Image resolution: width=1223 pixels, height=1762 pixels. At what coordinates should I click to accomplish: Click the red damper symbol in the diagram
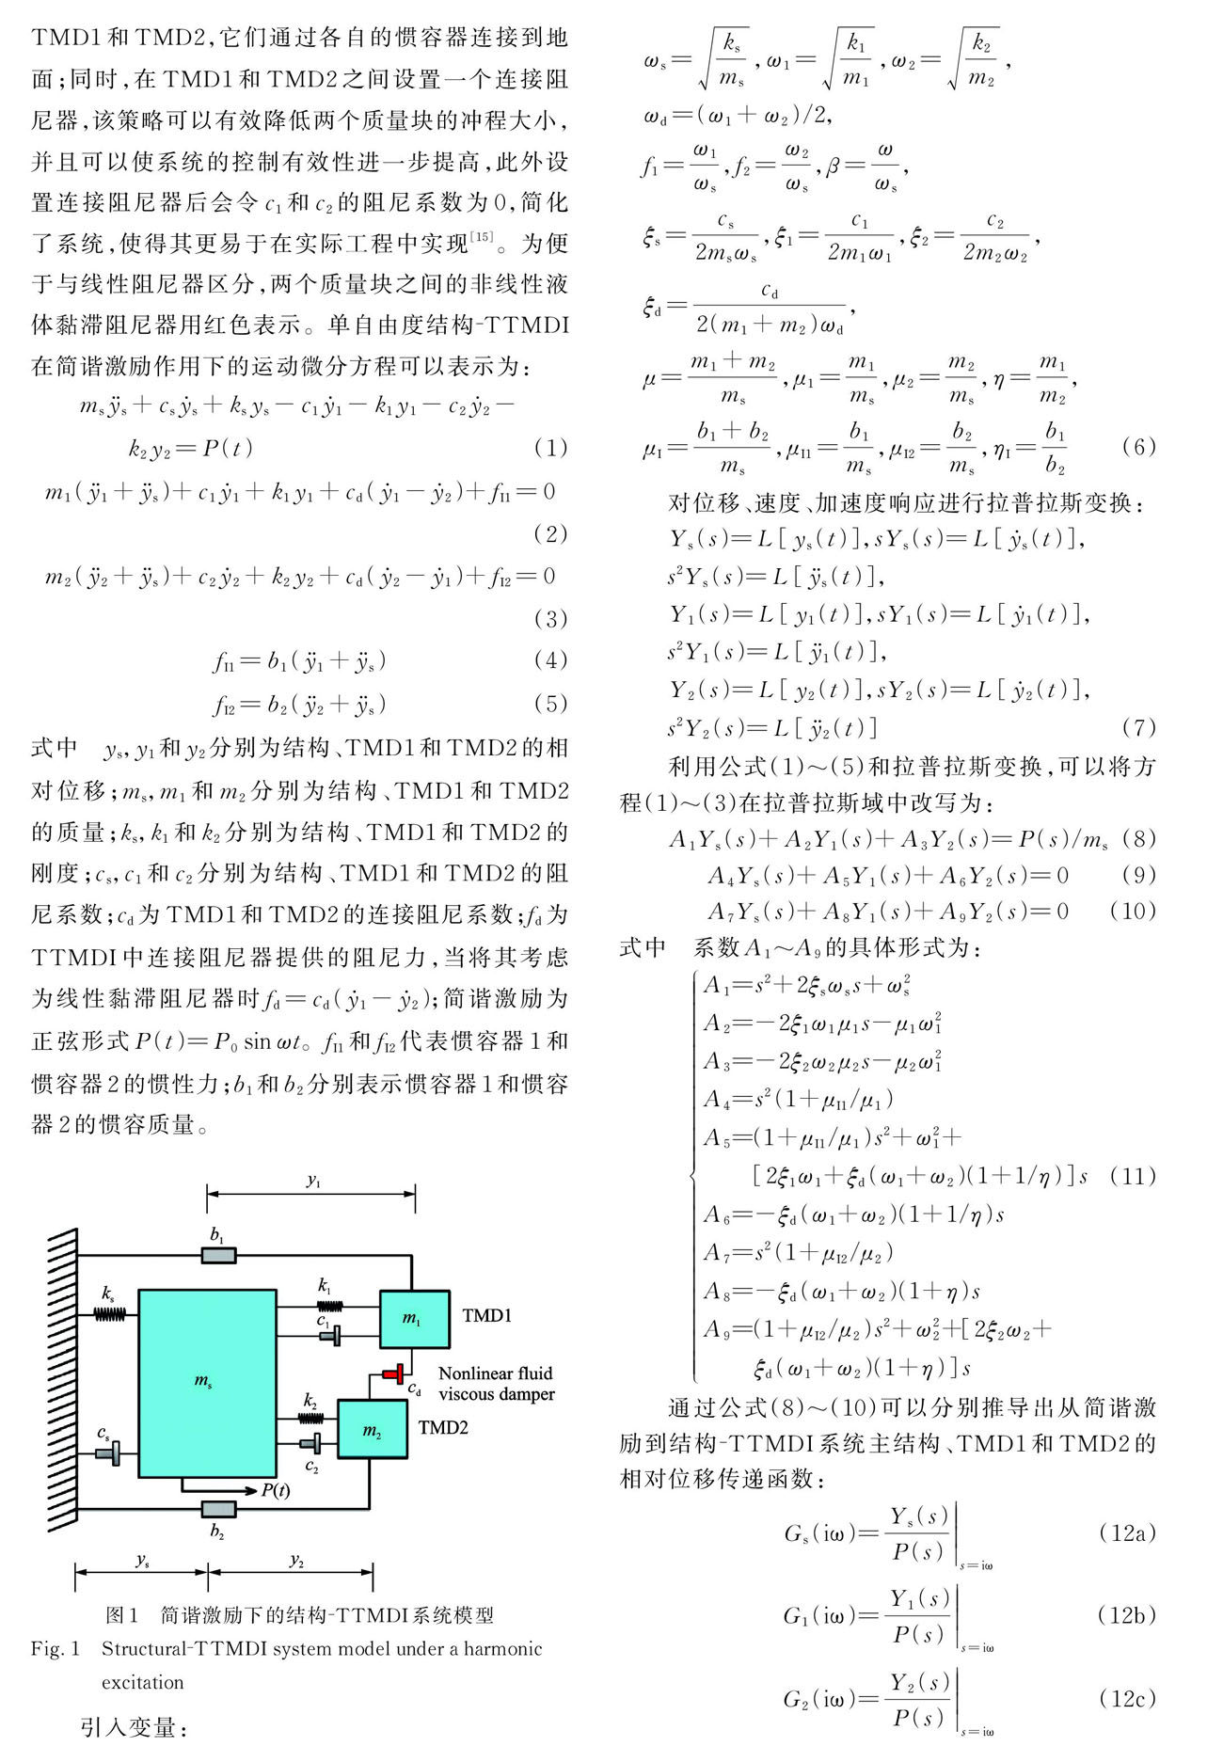pos(394,1373)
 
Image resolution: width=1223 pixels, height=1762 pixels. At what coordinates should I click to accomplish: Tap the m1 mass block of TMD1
pos(414,1319)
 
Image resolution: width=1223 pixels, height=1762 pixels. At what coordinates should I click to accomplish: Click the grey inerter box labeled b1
pos(219,1255)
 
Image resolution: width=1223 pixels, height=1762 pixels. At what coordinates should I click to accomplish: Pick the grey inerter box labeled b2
pos(219,1508)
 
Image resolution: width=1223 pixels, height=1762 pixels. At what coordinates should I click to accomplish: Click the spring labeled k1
pos(329,1305)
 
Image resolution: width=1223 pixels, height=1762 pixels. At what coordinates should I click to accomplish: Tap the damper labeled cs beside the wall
pos(108,1454)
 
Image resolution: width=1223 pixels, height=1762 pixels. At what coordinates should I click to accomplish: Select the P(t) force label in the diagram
pos(275,1490)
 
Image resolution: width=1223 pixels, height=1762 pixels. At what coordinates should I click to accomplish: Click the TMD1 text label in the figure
pos(486,1315)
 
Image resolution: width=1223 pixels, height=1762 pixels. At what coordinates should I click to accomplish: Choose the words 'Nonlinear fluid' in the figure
pos(496,1373)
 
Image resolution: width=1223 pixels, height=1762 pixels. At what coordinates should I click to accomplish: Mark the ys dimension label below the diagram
pos(142,1560)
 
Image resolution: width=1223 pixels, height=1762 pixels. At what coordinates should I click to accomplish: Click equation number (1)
pos(550,448)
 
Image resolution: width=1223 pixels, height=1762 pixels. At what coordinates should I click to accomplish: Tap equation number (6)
pos(1138,447)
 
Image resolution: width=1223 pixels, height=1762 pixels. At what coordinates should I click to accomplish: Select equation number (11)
pos(1132,1177)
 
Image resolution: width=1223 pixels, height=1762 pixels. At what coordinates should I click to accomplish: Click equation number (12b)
pos(1126,1615)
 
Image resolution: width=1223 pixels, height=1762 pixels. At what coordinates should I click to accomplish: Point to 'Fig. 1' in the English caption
pos(56,1648)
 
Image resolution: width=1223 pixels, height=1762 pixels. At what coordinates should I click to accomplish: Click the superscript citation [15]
pos(481,236)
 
